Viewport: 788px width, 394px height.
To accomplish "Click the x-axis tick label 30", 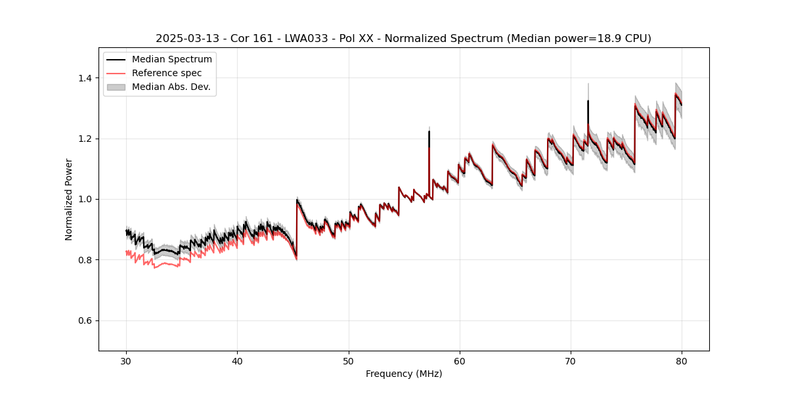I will (127, 361).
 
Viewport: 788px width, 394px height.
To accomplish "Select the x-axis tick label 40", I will (238, 361).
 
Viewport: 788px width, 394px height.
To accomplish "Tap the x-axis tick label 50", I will (349, 361).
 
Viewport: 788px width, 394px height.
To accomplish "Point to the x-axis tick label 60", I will (460, 361).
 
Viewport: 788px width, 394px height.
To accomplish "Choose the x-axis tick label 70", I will (571, 361).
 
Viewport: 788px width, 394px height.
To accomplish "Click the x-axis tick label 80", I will (682, 361).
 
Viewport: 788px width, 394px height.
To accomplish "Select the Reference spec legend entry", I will (167, 73).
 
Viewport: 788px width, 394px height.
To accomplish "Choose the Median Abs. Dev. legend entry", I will (171, 87).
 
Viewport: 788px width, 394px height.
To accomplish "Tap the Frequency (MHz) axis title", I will (404, 374).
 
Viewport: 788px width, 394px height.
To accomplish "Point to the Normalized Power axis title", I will (69, 199).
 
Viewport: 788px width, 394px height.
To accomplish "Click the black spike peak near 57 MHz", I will (429, 131).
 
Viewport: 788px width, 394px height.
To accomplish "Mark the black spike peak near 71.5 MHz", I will (588, 101).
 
